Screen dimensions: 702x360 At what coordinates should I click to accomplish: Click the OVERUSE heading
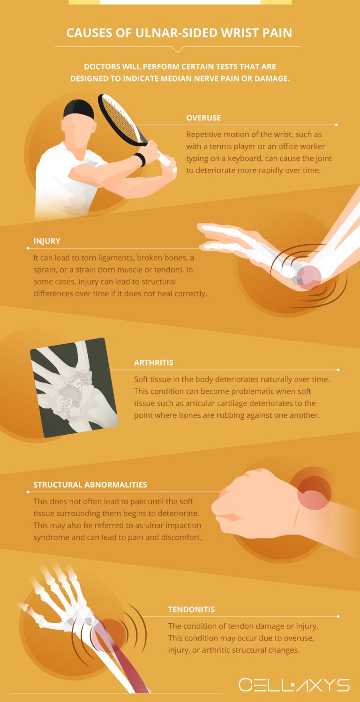203,118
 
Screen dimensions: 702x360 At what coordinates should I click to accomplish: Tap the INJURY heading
47,241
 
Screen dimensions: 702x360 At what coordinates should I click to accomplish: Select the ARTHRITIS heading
154,362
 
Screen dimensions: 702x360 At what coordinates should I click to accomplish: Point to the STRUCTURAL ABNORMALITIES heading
90,485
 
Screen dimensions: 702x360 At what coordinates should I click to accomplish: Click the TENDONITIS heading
191,610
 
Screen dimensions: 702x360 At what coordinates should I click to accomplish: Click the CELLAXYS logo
294,685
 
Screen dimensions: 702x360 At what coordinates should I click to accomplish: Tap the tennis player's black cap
79,109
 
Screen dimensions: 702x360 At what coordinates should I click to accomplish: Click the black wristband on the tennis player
140,160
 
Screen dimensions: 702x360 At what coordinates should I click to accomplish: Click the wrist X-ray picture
74,387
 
